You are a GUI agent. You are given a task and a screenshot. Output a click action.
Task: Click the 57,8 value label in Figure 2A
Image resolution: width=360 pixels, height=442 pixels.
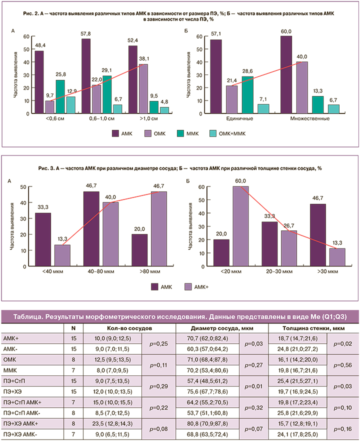click(86, 33)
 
